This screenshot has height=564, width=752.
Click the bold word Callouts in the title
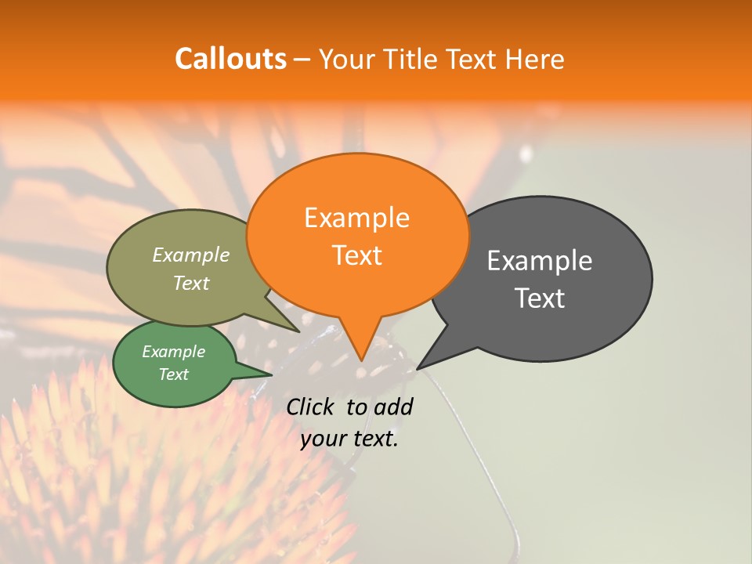(230, 59)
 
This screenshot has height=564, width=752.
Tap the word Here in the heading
(534, 59)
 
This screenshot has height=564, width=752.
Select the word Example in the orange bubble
(356, 218)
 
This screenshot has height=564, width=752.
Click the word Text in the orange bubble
(356, 255)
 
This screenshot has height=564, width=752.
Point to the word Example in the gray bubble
(540, 261)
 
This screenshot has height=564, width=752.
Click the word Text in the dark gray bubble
(540, 298)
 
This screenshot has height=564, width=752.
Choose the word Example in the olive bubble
(190, 255)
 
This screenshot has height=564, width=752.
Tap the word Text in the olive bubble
(190, 283)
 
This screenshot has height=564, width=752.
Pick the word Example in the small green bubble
(173, 352)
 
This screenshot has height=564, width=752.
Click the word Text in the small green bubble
(173, 374)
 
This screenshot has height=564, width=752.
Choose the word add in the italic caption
(393, 407)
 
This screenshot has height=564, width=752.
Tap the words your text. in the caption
(349, 439)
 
